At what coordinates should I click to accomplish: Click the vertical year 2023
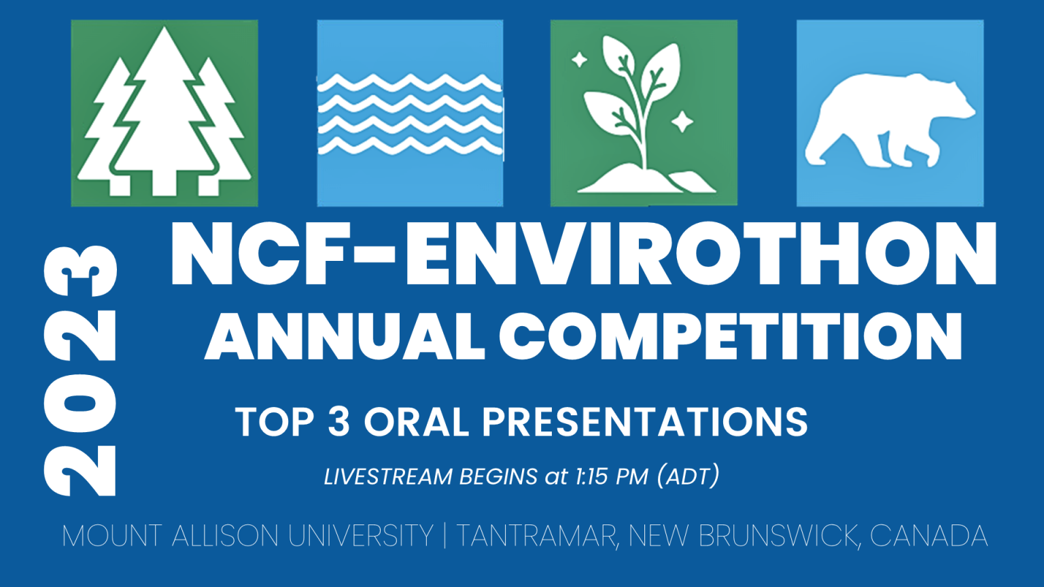click(x=80, y=371)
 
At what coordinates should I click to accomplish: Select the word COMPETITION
click(x=731, y=336)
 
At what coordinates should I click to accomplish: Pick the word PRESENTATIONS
click(x=644, y=422)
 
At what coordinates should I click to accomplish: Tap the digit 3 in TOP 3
click(x=339, y=422)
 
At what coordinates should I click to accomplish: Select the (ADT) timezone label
click(x=688, y=476)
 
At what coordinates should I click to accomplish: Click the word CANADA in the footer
click(x=928, y=536)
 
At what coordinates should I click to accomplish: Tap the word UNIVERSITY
click(x=361, y=536)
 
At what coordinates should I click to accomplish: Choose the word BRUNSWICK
click(x=778, y=536)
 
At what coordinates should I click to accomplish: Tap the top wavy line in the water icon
click(x=409, y=83)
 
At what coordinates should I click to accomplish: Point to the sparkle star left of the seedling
click(x=579, y=60)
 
